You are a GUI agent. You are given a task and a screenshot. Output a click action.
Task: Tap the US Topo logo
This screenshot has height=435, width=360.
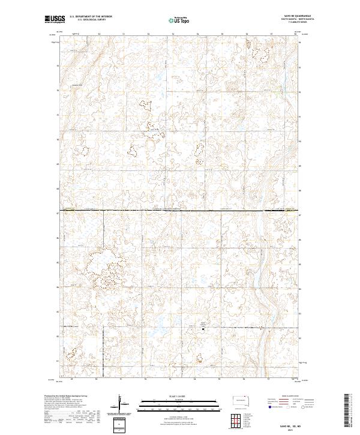point(180,20)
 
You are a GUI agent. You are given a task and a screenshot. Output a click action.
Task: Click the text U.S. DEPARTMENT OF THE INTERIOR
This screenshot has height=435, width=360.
point(91,17)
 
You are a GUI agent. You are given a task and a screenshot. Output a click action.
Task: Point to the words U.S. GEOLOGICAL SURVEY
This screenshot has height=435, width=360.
point(88,20)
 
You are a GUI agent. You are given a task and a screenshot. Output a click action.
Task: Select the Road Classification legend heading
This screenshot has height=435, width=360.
point(287,397)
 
